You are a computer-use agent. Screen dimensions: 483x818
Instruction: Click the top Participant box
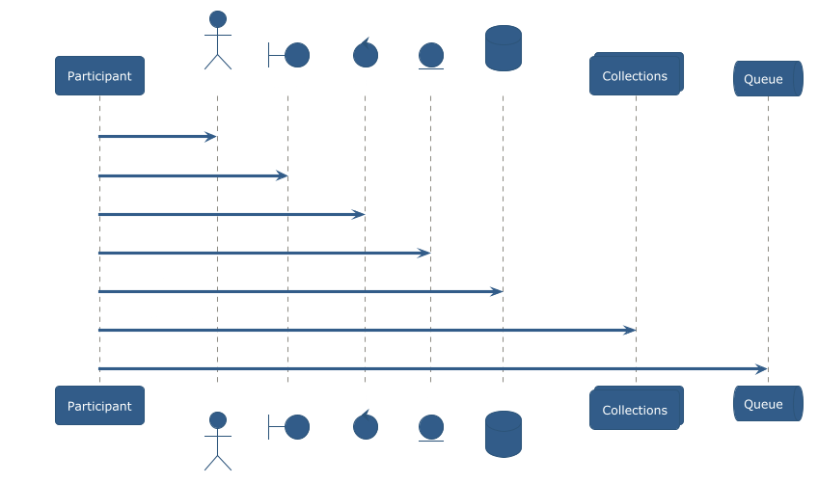[99, 76]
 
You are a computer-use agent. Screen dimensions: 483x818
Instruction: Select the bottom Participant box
[99, 406]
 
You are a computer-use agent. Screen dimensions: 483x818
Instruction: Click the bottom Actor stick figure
[217, 441]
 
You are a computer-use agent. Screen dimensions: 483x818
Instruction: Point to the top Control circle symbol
[365, 54]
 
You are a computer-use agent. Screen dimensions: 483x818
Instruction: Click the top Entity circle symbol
[430, 55]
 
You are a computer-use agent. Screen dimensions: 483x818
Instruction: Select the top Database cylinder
[503, 48]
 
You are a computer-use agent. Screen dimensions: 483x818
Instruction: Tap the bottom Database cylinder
[503, 434]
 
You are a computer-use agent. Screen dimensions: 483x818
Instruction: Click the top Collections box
[636, 75]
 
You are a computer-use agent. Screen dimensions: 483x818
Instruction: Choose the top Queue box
[768, 79]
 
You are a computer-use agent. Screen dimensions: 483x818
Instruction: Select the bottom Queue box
[768, 404]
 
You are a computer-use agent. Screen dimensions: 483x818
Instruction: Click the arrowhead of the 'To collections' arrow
[630, 330]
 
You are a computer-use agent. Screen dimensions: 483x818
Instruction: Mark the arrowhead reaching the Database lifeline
[497, 291]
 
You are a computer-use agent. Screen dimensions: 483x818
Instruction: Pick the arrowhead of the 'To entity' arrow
[423, 253]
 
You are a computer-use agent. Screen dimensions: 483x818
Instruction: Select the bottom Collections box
[636, 409]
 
